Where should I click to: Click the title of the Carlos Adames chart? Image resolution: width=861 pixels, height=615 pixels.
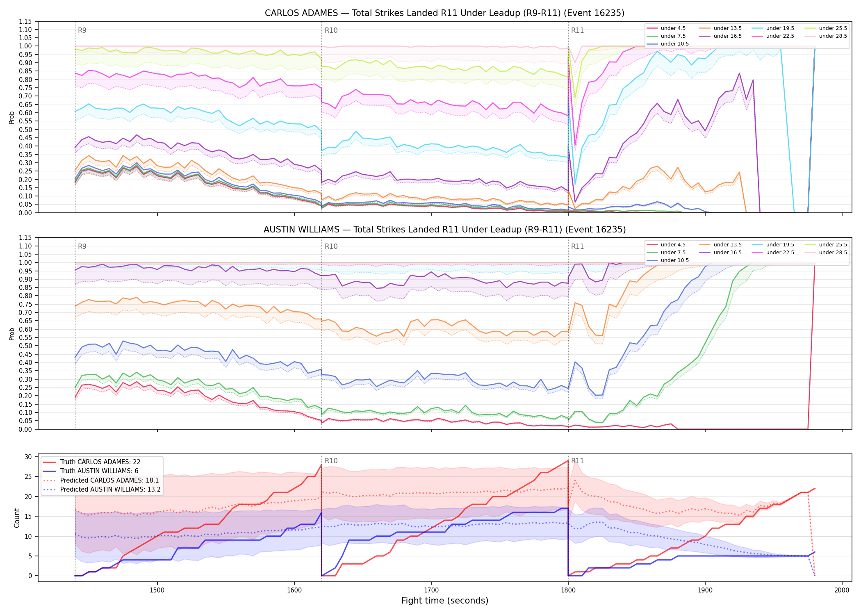click(x=444, y=13)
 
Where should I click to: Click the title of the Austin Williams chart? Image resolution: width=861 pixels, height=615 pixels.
click(x=444, y=230)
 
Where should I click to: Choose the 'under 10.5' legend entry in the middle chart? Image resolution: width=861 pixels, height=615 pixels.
click(x=668, y=260)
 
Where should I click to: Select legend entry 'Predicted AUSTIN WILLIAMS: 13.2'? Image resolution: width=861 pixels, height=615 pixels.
click(x=102, y=490)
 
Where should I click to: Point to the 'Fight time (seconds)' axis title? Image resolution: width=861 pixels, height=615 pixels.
click(x=445, y=601)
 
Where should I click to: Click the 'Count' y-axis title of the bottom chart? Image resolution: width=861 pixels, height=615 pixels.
click(x=17, y=518)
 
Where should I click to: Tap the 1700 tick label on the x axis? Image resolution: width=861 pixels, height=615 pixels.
click(x=431, y=590)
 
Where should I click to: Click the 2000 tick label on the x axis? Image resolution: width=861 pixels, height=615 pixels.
click(x=842, y=590)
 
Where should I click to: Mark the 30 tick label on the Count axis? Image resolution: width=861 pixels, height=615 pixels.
click(x=28, y=457)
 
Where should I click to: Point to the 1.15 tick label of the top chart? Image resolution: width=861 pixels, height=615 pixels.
click(x=25, y=21)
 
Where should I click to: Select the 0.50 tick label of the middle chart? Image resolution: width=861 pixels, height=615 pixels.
click(x=25, y=346)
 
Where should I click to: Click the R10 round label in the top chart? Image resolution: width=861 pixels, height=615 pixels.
click(x=331, y=30)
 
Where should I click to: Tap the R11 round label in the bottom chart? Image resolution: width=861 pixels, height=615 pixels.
click(x=577, y=461)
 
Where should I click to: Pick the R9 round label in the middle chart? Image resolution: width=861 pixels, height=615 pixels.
click(x=82, y=246)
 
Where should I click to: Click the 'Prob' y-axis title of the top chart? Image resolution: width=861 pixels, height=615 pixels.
click(x=12, y=118)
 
